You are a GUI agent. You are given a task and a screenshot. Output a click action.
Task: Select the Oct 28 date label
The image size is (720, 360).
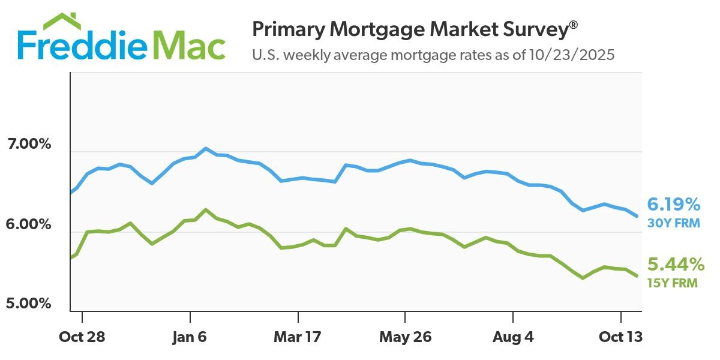(x=82, y=337)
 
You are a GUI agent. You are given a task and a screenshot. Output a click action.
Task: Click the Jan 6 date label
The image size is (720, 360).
(x=190, y=337)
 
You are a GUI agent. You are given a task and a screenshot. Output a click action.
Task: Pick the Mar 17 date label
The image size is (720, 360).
(x=298, y=337)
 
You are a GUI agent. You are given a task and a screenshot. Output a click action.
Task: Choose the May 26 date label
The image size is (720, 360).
(x=406, y=337)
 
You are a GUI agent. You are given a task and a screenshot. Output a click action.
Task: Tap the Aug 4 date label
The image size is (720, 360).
(x=513, y=337)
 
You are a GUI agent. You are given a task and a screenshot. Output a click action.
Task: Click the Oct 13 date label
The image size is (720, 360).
(x=620, y=337)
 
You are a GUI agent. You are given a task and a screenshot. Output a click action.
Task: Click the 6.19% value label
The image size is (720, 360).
(x=673, y=205)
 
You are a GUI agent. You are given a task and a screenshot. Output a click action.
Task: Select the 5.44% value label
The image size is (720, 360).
(x=675, y=264)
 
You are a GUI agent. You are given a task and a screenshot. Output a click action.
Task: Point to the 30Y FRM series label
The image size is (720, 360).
(x=671, y=223)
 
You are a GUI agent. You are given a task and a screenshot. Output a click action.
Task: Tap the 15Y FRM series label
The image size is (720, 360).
(x=671, y=283)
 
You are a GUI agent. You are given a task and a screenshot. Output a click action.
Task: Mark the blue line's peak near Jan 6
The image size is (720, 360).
(x=205, y=148)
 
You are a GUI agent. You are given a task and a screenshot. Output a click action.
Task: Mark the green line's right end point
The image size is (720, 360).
(x=637, y=275)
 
